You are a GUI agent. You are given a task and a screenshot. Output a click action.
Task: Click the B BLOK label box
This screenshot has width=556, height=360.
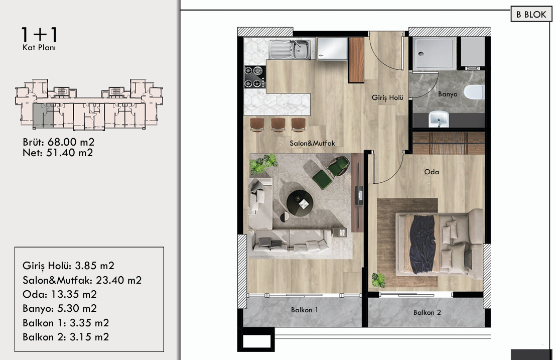[x=531, y=14]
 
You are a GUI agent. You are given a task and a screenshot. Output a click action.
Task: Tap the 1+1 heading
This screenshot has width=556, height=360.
[x=39, y=35]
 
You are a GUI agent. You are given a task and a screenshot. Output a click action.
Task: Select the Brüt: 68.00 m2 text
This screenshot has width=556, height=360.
[x=59, y=142]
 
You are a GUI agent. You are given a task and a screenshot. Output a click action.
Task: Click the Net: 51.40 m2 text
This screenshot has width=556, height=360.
[x=58, y=153]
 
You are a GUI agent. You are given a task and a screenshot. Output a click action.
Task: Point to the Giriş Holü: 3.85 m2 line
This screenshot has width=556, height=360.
[x=68, y=266]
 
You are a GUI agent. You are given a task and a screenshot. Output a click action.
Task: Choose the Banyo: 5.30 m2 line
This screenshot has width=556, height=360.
[x=60, y=308]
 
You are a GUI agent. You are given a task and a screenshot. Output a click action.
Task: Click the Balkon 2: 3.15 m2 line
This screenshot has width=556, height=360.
[x=66, y=336]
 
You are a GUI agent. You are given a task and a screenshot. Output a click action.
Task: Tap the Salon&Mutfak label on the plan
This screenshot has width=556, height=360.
[x=312, y=143]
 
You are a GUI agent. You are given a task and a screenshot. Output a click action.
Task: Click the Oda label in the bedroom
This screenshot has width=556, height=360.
[x=432, y=172]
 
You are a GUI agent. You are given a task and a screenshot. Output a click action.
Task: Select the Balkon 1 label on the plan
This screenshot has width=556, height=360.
[x=304, y=310]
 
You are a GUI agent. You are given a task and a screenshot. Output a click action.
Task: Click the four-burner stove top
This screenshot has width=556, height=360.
[x=254, y=77]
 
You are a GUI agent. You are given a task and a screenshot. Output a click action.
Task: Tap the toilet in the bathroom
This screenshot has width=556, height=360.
[x=474, y=92]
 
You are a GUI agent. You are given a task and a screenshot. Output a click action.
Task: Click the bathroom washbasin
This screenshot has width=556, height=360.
[x=439, y=119]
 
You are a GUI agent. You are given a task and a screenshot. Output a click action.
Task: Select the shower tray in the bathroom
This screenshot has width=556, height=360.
[x=435, y=53]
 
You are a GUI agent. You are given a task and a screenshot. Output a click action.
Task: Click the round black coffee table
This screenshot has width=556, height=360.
[x=300, y=203]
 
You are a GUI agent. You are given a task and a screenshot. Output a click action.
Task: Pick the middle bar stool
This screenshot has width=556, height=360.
[x=279, y=125]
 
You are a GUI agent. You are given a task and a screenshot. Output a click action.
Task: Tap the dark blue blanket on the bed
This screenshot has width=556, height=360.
[x=422, y=244]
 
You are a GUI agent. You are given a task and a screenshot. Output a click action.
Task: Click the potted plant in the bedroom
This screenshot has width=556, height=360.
[x=378, y=280]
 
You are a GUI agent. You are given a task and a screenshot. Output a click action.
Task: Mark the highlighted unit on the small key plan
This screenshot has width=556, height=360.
[x=43, y=115]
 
